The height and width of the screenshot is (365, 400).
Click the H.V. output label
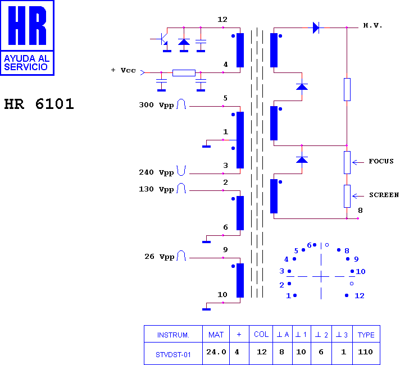372,25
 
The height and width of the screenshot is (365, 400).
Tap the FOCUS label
381,161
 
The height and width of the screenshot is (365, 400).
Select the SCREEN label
384,195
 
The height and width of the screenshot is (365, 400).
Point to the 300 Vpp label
156,105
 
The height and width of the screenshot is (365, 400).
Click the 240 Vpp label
156,172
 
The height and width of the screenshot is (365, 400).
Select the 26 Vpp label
159,257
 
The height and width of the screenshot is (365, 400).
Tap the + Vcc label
124,70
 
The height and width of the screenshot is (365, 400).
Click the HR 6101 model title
39,104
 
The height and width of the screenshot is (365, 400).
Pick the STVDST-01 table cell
173,354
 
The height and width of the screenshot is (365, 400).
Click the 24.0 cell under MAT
216,352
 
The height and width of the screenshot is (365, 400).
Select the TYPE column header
366,335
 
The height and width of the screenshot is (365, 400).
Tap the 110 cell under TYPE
365,352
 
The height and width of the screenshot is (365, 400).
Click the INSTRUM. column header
173,335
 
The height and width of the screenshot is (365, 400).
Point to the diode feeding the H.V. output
316,28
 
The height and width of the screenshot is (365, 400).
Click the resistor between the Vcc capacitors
184,72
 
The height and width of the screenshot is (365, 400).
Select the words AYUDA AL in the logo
26,58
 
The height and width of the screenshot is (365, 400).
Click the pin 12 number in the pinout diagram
360,295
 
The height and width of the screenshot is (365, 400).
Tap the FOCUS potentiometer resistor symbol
347,162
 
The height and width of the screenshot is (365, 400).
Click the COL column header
261,334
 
